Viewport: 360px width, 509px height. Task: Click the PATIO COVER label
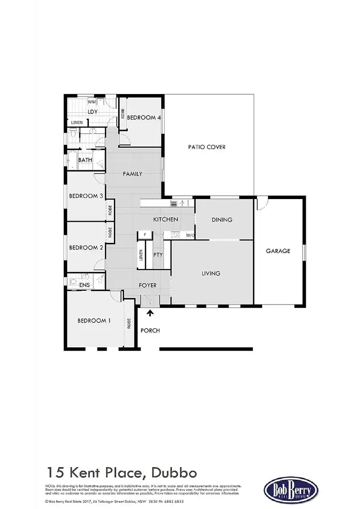pyautogui.click(x=206, y=147)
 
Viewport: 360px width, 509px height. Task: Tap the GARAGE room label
pyautogui.click(x=278, y=250)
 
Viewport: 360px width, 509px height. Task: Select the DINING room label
pyautogui.click(x=222, y=220)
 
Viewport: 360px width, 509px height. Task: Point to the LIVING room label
pyautogui.click(x=211, y=273)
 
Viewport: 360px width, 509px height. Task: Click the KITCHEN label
pyautogui.click(x=166, y=219)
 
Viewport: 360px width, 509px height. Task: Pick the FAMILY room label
pyautogui.click(x=132, y=174)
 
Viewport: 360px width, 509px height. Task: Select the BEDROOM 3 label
pyautogui.click(x=86, y=196)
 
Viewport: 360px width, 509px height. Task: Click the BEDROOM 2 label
pyautogui.click(x=86, y=248)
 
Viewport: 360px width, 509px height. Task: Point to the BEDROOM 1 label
pyautogui.click(x=94, y=321)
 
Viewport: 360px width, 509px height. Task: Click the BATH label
pyautogui.click(x=85, y=160)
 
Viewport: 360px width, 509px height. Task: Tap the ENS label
pyautogui.click(x=84, y=285)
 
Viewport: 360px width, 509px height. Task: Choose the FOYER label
pyautogui.click(x=148, y=285)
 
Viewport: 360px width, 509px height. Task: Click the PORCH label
pyautogui.click(x=150, y=331)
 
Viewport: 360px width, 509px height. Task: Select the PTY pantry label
pyautogui.click(x=158, y=255)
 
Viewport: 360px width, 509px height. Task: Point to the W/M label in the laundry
pyautogui.click(x=92, y=102)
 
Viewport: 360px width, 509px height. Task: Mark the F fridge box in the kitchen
pyautogui.click(x=144, y=235)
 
